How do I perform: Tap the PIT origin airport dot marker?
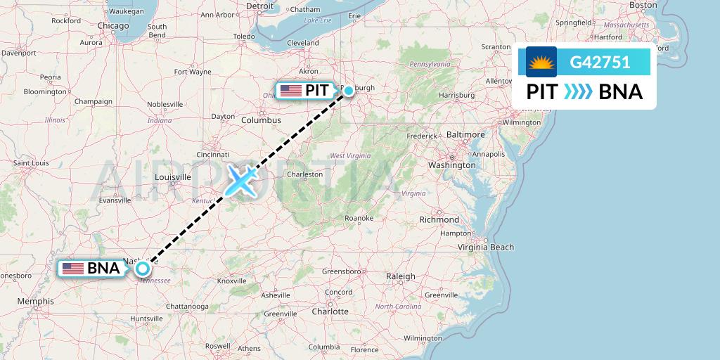(348, 90)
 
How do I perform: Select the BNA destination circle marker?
(143, 268)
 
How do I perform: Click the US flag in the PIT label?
(290, 90)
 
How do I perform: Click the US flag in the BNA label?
(72, 268)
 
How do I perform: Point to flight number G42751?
(600, 63)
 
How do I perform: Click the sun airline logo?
(541, 63)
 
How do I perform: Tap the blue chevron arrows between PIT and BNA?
(579, 92)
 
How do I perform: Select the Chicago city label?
(113, 26)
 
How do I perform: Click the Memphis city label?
(37, 301)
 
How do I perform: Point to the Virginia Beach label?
(486, 247)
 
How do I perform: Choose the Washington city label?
(452, 165)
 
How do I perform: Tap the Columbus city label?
(261, 120)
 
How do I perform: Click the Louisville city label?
(172, 176)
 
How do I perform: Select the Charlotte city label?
(330, 311)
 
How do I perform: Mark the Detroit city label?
(259, 6)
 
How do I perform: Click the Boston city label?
(643, 5)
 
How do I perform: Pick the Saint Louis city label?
(30, 163)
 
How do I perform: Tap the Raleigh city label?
(401, 276)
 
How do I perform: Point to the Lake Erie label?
(317, 20)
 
